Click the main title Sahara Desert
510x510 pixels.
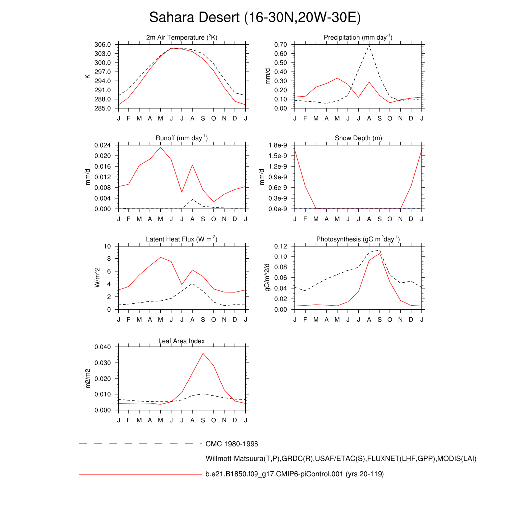coord(255,17)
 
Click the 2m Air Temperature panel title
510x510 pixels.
coord(182,38)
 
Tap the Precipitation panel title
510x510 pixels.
coord(358,38)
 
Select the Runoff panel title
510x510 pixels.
coord(182,138)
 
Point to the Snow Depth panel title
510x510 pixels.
coord(358,138)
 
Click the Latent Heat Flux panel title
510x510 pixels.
coord(182,240)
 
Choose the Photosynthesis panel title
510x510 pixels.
coord(358,240)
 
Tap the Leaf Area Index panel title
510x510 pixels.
coord(182,341)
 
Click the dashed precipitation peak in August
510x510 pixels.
coord(369,46)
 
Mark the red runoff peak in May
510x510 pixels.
coord(160,147)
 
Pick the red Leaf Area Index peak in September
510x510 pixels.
coord(203,353)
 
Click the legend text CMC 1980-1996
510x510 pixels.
coord(232,444)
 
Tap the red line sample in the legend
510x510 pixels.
coord(139,474)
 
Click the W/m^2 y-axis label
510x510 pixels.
coord(98,277)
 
